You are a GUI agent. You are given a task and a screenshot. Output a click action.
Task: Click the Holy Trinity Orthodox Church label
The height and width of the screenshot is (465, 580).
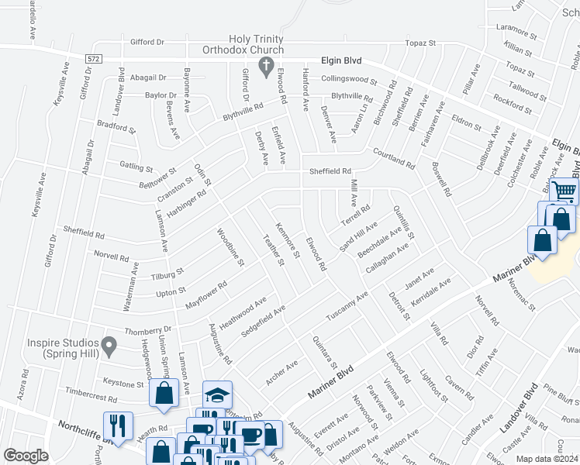(x=256, y=46)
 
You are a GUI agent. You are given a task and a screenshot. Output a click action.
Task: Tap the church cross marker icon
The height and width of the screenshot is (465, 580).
(x=265, y=65)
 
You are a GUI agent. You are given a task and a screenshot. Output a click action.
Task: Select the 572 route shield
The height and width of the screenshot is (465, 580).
(x=94, y=58)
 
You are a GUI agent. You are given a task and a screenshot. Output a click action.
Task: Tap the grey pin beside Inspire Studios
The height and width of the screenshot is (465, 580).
(x=110, y=343)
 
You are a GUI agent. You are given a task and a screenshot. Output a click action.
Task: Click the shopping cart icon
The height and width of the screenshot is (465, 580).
(x=564, y=191)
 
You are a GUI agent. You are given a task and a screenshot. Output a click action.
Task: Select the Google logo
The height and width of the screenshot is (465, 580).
(x=26, y=456)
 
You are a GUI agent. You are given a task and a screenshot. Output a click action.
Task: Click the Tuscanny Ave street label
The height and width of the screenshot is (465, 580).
(x=347, y=307)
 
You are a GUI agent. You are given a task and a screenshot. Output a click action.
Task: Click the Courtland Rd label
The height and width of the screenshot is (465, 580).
(x=392, y=158)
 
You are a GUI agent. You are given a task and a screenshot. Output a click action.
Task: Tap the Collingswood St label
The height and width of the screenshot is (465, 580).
(x=349, y=80)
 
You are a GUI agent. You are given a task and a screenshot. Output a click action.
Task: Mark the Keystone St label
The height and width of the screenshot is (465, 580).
(x=119, y=382)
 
